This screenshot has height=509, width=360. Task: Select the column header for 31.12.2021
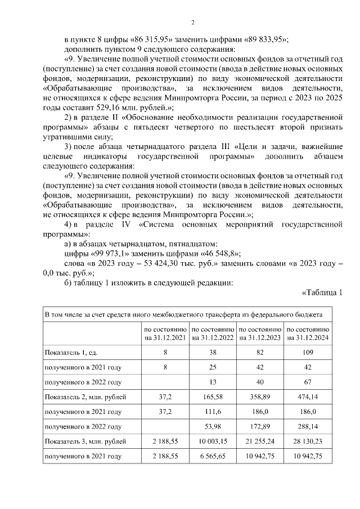click(x=165, y=334)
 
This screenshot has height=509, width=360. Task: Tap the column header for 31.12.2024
click(x=308, y=334)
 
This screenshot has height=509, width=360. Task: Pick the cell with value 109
click(x=308, y=352)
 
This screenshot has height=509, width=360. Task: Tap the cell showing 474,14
click(x=308, y=397)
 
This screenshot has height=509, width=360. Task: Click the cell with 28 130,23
click(x=308, y=442)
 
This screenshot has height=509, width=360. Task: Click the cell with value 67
click(x=308, y=382)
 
